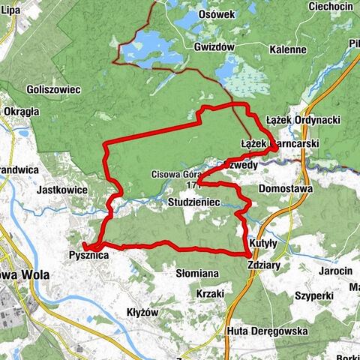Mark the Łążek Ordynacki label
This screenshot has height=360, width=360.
pos(304,120)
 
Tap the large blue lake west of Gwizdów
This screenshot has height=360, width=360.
pos(150,51)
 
